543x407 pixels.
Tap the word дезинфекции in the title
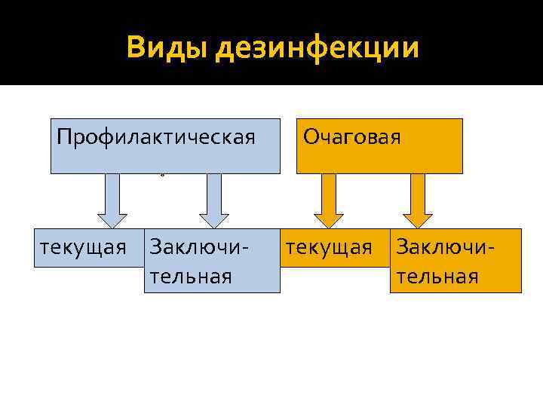318,49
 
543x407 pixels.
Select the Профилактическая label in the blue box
156,137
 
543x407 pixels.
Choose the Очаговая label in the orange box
351,137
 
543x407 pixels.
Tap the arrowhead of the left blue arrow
112,218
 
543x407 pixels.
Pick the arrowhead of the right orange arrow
418,218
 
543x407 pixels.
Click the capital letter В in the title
137,47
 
